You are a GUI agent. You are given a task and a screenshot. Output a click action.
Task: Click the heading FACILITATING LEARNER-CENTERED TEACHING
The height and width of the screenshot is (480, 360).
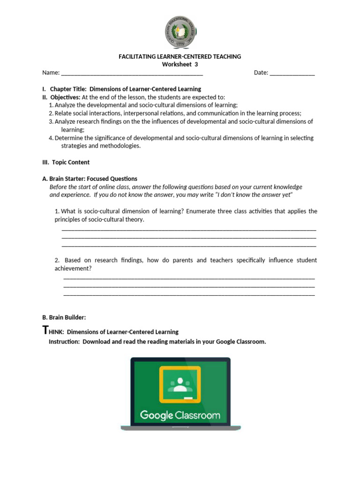[180, 56]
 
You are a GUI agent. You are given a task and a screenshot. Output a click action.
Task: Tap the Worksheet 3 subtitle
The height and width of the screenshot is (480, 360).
[180, 64]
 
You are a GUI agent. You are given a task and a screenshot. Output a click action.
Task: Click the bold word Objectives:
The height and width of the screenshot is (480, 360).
[65, 97]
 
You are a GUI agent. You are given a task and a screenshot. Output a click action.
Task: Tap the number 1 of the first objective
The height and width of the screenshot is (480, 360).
[51, 105]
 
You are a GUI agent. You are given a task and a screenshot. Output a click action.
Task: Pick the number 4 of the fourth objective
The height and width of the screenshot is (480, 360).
[51, 138]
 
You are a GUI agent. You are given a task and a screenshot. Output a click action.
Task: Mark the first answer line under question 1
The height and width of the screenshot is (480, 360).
[189, 230]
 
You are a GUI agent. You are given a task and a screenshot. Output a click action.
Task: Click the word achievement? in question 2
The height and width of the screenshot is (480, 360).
[73, 269]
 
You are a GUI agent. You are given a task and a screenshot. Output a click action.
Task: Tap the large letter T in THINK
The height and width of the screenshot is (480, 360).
[45, 330]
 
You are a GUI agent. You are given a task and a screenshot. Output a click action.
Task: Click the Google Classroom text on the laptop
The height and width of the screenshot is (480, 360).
[180, 415]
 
